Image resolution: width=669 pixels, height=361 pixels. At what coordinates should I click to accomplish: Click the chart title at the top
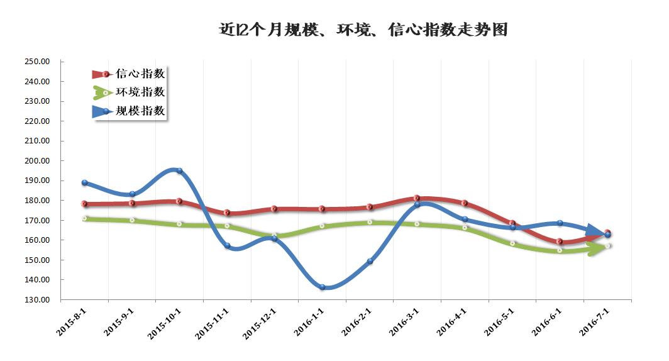[x=363, y=30]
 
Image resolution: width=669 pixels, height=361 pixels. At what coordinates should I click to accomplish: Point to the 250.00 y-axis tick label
[x=37, y=62]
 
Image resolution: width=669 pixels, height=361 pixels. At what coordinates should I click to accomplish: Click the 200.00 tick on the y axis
[x=37, y=161]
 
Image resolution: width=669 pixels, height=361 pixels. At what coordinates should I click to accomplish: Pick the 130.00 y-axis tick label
[x=37, y=300]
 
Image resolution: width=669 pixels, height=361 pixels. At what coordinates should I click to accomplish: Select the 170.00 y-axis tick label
[x=37, y=221]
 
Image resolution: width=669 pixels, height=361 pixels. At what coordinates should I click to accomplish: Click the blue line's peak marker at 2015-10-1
[x=179, y=170]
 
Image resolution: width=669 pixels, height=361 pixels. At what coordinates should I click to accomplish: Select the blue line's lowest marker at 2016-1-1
[x=322, y=287]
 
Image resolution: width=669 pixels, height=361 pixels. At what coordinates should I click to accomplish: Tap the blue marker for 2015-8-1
[x=84, y=183]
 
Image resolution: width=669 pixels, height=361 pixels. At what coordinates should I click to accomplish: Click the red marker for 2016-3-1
[x=417, y=199]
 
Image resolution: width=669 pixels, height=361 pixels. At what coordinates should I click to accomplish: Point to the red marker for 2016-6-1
[x=560, y=242]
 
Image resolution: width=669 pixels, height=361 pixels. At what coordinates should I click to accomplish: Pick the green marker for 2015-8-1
[x=84, y=219]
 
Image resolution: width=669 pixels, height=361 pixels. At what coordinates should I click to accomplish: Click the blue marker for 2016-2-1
[x=370, y=261]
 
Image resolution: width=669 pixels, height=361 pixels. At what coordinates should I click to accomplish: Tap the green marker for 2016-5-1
[x=512, y=243]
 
